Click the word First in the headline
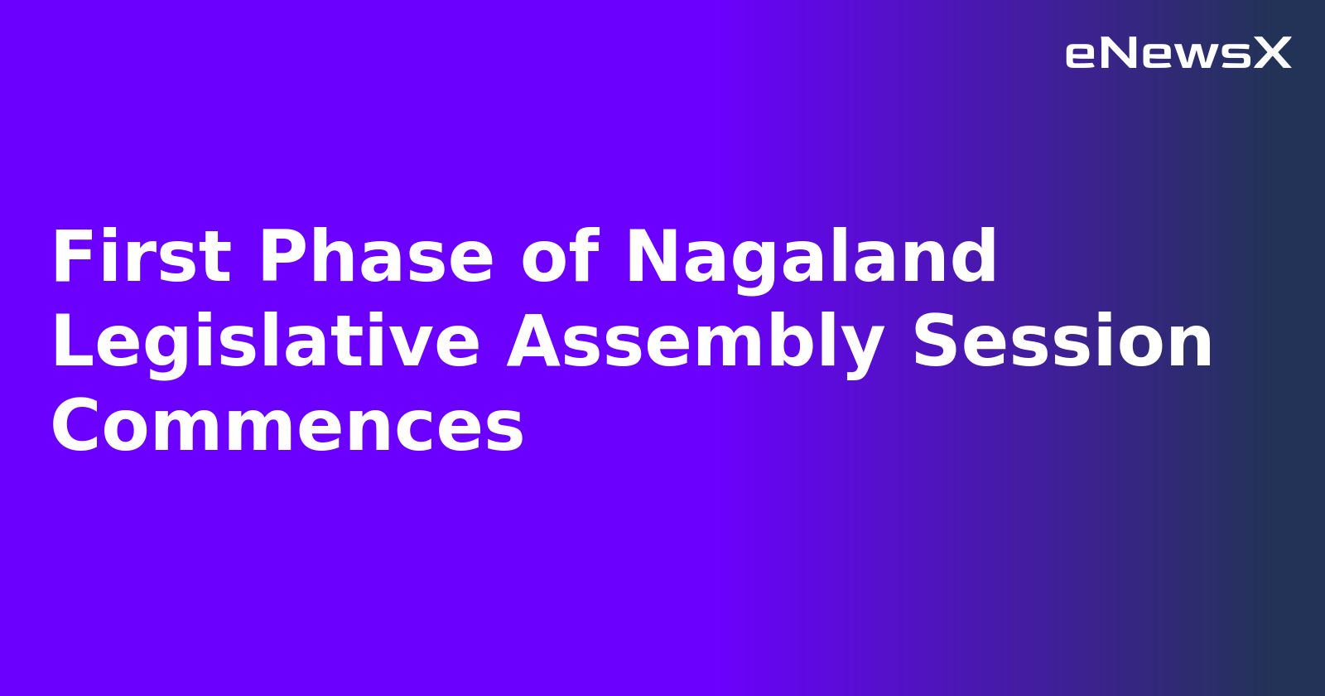pos(141,258)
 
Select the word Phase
pos(377,258)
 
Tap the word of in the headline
pos(560,258)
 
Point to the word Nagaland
pos(812,258)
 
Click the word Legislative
pos(266,343)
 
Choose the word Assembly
pos(696,343)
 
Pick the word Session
pos(1062,343)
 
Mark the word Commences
pos(287,427)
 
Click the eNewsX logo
pos(1178,54)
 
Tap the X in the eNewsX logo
pos(1272,54)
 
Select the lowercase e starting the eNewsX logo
pos(1080,56)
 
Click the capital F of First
pos(70,258)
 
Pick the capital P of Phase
pos(280,258)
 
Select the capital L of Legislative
pos(68,343)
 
